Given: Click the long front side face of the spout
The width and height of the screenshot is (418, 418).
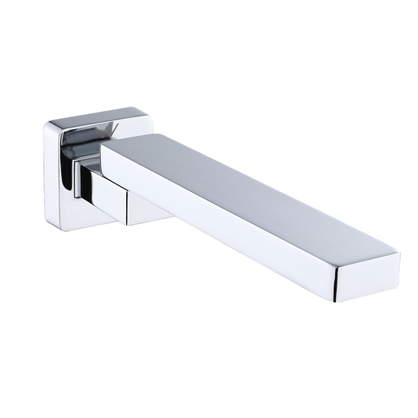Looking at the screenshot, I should [230, 223].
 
